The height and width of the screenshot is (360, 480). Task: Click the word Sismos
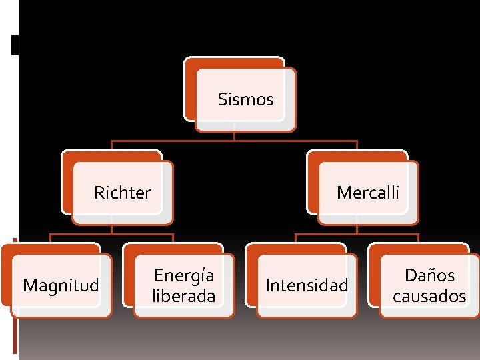245,100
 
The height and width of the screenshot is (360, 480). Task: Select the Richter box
122,193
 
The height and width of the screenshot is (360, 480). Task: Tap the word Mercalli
368,193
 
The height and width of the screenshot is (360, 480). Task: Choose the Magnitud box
61,285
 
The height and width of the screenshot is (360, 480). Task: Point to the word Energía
184,275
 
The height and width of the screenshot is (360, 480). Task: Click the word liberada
184,296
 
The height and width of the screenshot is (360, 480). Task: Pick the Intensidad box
307,285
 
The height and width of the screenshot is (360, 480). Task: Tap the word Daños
429,275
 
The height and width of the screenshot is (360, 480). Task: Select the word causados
429,296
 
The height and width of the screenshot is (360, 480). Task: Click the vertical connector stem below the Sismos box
234,135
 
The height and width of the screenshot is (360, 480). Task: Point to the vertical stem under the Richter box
111,229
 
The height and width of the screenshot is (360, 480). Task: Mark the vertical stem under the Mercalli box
357,229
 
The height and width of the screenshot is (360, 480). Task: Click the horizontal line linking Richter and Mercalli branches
234,141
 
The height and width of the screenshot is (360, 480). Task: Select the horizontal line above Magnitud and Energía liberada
111,234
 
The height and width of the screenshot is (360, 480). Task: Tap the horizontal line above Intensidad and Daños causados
357,234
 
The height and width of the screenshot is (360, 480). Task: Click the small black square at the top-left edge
15,46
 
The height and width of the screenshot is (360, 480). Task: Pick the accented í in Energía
202,275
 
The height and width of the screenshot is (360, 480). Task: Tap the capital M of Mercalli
343,193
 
